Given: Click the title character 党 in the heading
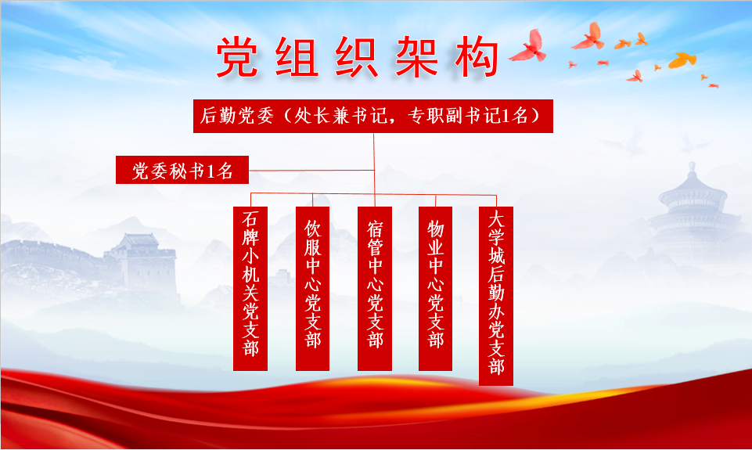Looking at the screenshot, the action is tap(237, 57).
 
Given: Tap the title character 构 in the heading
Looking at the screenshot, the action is tap(477, 57).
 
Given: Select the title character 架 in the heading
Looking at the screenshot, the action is tap(416, 57).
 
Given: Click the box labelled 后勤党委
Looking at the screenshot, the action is tap(373, 116).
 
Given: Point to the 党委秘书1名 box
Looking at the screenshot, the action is tap(182, 170).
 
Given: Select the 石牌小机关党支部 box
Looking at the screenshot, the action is tap(250, 288).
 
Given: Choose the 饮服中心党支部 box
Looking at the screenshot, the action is tap(313, 288).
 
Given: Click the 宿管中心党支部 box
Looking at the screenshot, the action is tap(375, 288).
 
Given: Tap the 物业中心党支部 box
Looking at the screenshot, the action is tap(435, 288).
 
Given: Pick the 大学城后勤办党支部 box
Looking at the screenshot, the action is tap(496, 296).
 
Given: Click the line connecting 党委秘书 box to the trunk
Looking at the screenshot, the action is tap(311, 171).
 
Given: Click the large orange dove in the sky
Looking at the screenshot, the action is tap(682, 60).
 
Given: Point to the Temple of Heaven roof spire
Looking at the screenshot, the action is tap(692, 168).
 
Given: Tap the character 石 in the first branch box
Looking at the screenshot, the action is tap(250, 219).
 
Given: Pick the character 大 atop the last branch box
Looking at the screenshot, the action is tap(496, 219).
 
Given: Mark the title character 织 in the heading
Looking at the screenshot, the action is tap(357, 57).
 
